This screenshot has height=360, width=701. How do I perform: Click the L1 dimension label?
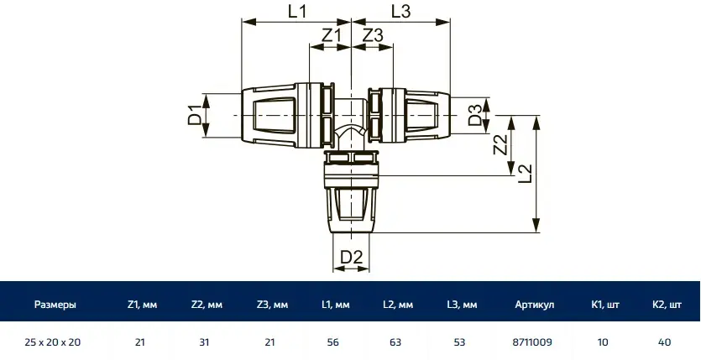(297, 12)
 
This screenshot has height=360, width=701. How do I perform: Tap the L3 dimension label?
(401, 12)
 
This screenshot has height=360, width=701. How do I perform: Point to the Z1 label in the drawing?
(331, 36)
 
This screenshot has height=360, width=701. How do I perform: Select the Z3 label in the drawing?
(373, 36)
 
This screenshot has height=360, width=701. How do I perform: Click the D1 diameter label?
(195, 115)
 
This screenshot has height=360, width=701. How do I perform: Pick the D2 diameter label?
(351, 258)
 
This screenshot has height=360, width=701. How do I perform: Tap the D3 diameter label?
(475, 115)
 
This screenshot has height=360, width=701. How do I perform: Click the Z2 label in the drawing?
(500, 144)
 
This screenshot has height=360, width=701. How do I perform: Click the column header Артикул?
(534, 305)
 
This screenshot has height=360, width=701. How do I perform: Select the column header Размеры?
(55, 305)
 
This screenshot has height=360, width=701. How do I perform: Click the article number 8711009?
(532, 342)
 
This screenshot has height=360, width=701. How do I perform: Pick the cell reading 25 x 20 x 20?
(53, 342)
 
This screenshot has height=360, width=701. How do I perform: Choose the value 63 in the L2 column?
(395, 342)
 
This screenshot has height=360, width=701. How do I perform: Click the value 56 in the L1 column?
(333, 342)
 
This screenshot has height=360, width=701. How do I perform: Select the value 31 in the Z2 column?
(204, 342)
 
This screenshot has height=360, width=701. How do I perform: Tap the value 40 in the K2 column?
(664, 342)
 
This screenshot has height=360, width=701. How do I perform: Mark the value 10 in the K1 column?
(603, 342)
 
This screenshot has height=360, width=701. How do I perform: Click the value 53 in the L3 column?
(459, 342)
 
